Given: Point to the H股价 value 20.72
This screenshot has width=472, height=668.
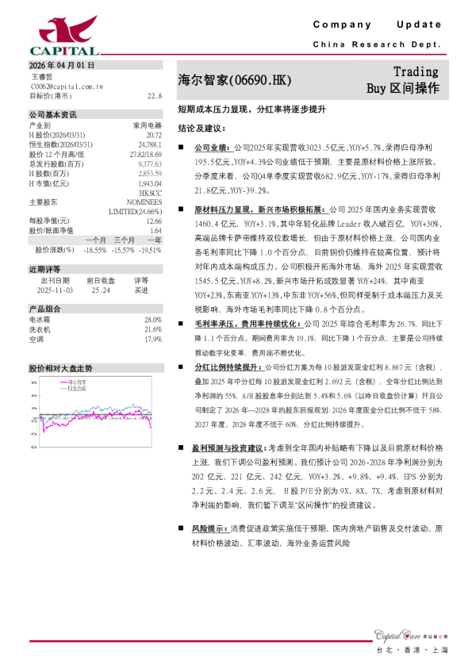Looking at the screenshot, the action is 154,135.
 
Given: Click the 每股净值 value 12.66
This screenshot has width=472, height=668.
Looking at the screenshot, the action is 154,221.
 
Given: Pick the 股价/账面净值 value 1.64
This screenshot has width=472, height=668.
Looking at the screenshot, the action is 155,230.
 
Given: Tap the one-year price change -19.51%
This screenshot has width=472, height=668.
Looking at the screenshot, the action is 149,249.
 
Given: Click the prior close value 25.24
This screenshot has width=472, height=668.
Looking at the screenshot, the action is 101,290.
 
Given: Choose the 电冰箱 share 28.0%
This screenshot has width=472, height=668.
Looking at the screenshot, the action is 152,320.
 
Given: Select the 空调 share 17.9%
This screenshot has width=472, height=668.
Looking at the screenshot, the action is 152,339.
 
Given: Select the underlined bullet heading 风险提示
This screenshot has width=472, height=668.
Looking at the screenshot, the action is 211,528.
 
